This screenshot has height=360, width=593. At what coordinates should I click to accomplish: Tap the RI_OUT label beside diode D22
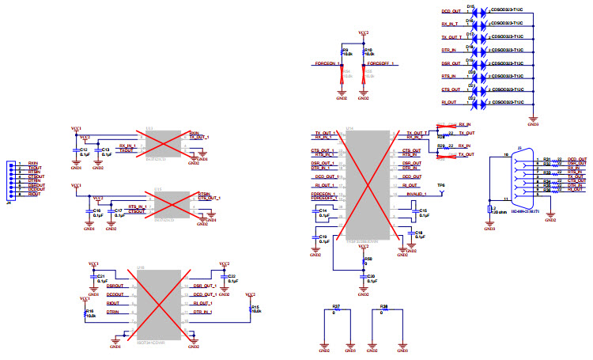(449, 102)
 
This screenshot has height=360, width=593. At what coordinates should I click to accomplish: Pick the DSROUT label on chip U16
(115, 285)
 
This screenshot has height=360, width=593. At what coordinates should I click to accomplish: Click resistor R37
(335, 310)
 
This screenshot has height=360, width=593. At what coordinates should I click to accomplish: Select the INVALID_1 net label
(417, 194)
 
